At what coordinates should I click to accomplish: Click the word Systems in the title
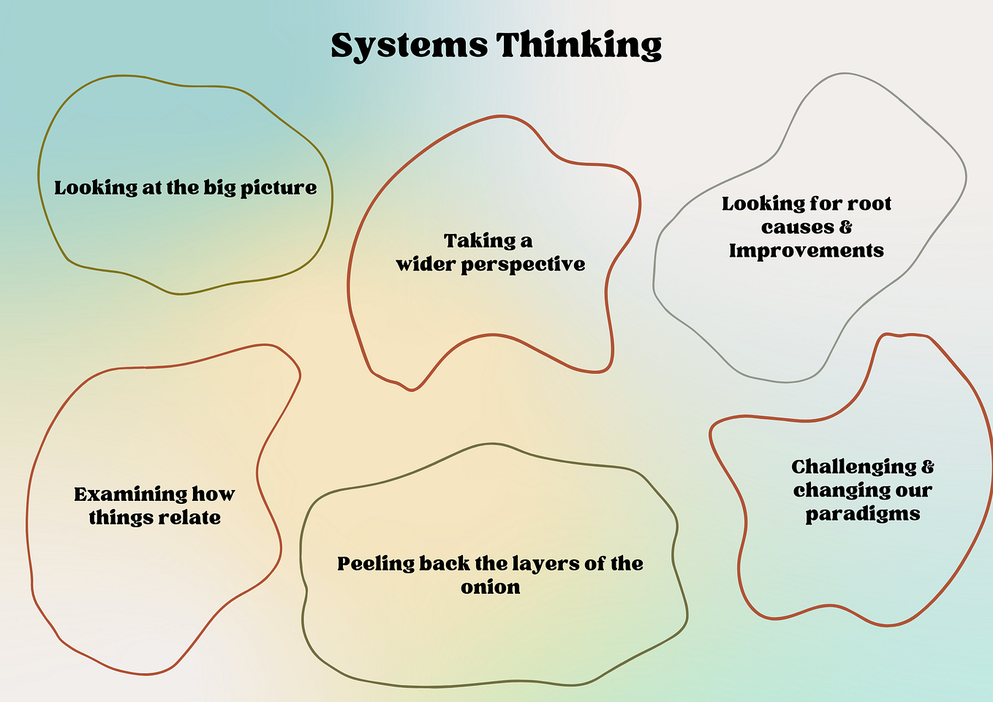[x=409, y=46]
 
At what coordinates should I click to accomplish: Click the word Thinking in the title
[x=578, y=45]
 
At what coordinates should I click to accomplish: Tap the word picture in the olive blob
[x=279, y=189]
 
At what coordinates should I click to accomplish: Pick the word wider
[x=426, y=264]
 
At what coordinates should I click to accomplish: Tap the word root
[x=869, y=204]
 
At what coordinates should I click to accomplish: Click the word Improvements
[x=807, y=251]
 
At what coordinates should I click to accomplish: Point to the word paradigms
[x=863, y=515]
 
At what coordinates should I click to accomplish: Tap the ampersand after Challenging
[x=928, y=467]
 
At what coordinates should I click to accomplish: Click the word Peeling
[x=376, y=565]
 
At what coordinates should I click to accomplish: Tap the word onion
[x=491, y=588]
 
